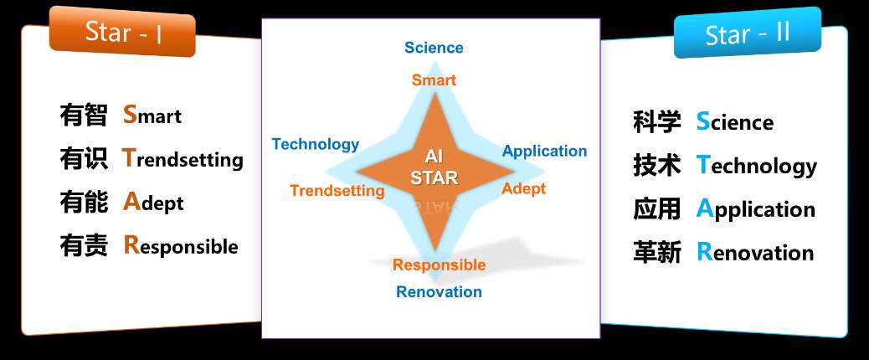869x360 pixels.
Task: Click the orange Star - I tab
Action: point(122,32)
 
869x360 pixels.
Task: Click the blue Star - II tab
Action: point(747,33)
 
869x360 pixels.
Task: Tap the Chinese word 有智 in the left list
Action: point(83,116)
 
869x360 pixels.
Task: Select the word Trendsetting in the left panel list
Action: point(183,159)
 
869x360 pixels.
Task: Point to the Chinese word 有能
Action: point(83,202)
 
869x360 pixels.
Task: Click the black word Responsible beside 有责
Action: point(181,246)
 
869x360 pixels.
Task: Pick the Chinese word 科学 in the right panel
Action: point(656,122)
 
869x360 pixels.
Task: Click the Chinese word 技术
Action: point(656,165)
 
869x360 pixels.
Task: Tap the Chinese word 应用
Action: point(656,208)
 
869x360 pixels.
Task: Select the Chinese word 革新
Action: point(656,253)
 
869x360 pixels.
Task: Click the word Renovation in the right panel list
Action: point(755,252)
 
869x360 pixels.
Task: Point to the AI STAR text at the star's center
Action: point(434,167)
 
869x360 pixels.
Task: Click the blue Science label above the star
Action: point(434,48)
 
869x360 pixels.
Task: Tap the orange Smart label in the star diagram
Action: point(434,80)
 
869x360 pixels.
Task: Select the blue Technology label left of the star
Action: point(316,145)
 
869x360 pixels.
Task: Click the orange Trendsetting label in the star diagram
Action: point(337,191)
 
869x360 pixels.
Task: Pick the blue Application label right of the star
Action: point(544,152)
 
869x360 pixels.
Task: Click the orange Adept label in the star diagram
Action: point(524,189)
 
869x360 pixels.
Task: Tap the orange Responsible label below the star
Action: point(439,265)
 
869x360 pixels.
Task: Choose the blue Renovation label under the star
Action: point(439,292)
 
